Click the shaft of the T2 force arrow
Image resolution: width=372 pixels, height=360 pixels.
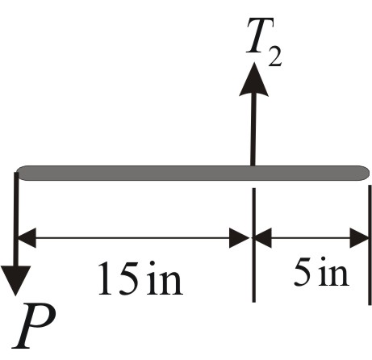pyautogui.click(x=253, y=129)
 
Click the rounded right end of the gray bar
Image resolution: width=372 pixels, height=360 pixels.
pyautogui.click(x=365, y=171)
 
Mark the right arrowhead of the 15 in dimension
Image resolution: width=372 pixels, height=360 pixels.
pyautogui.click(x=240, y=237)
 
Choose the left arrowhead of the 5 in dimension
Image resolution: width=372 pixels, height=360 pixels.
pyautogui.click(x=265, y=237)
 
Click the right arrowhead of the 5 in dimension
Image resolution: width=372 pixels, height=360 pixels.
pyautogui.click(x=358, y=237)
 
